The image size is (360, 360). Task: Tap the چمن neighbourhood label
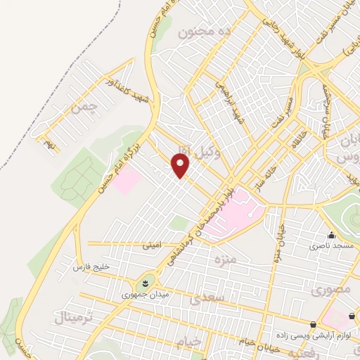tap(82, 108)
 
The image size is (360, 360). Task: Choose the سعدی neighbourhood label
tap(206, 298)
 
